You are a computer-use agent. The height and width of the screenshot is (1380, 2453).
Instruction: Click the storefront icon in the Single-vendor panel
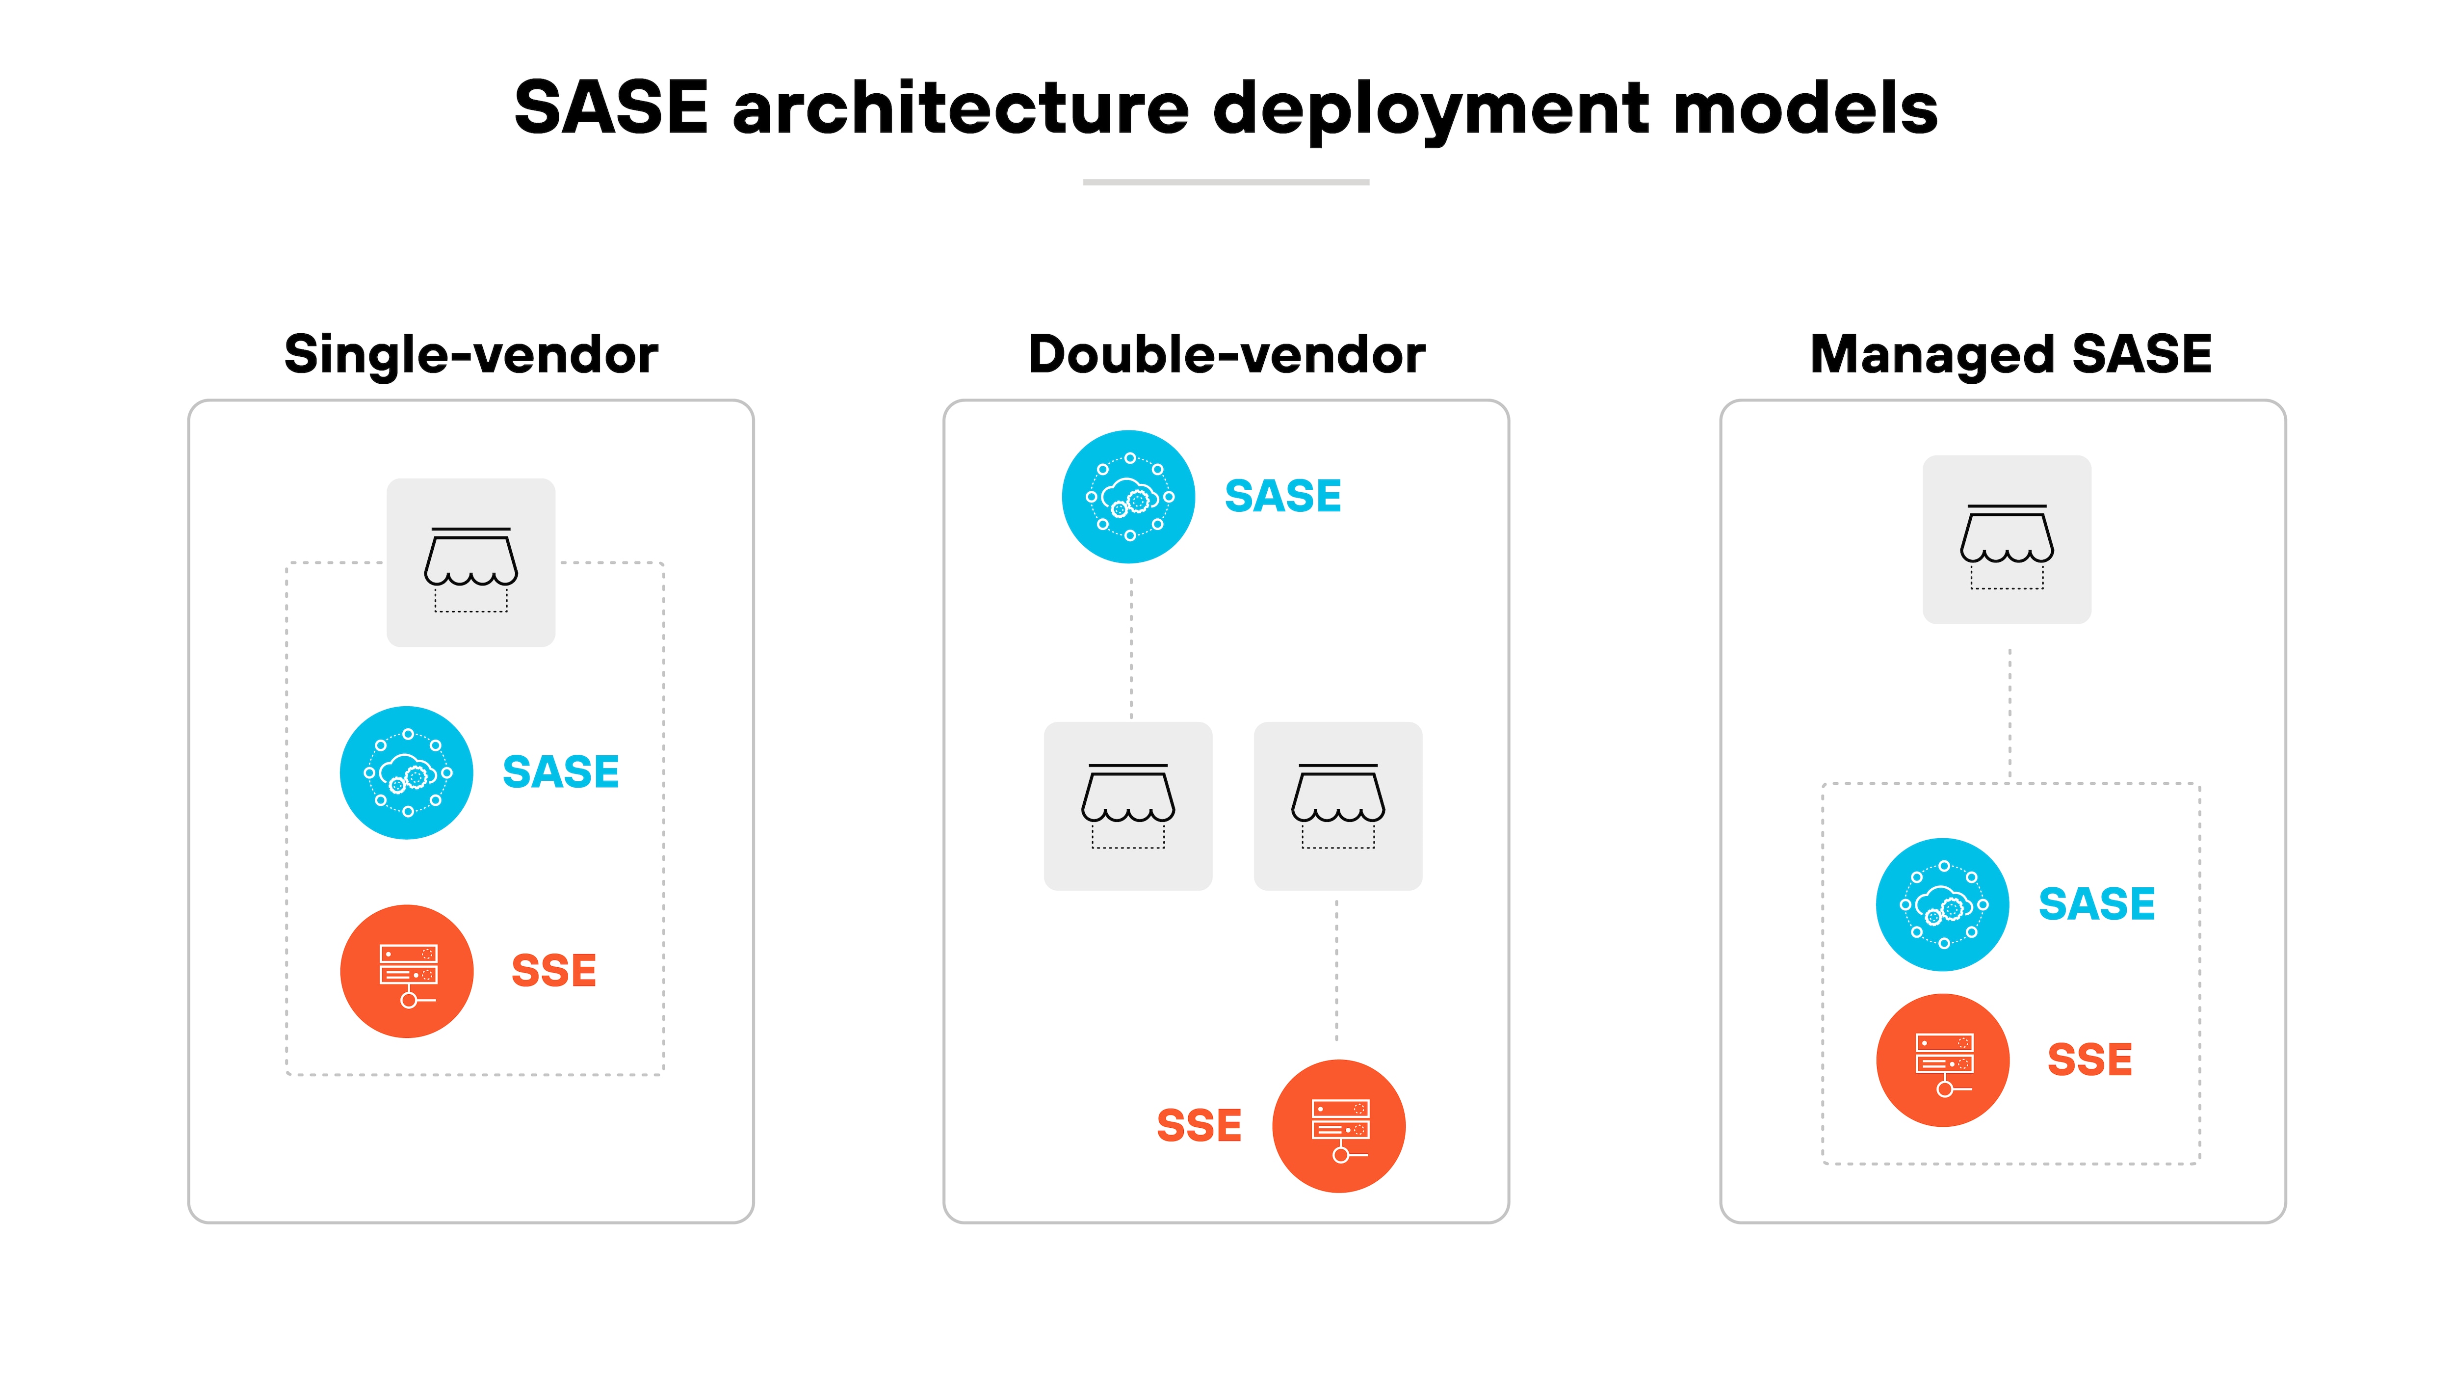pyautogui.click(x=470, y=563)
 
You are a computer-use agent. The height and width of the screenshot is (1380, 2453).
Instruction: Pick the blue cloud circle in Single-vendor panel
pyautogui.click(x=407, y=772)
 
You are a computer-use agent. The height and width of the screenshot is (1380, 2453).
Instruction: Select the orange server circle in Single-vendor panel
pyautogui.click(x=407, y=971)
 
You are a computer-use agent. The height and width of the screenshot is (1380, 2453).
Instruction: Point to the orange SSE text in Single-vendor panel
pyautogui.click(x=553, y=971)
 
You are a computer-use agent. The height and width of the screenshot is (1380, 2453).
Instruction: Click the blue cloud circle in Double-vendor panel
pyautogui.click(x=1128, y=497)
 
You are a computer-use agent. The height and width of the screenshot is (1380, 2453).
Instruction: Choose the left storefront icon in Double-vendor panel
pyautogui.click(x=1128, y=806)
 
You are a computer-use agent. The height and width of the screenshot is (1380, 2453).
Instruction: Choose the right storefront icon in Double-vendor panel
pyautogui.click(x=1338, y=806)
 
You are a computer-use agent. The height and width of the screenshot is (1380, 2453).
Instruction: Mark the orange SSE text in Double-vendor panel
pyautogui.click(x=1199, y=1126)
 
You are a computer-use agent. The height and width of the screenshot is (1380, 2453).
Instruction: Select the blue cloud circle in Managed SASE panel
pyautogui.click(x=1943, y=905)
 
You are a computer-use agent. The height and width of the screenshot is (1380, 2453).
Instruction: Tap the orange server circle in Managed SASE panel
pyautogui.click(x=1943, y=1060)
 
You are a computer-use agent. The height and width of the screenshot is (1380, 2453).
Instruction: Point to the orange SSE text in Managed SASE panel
pyautogui.click(x=2089, y=1060)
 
